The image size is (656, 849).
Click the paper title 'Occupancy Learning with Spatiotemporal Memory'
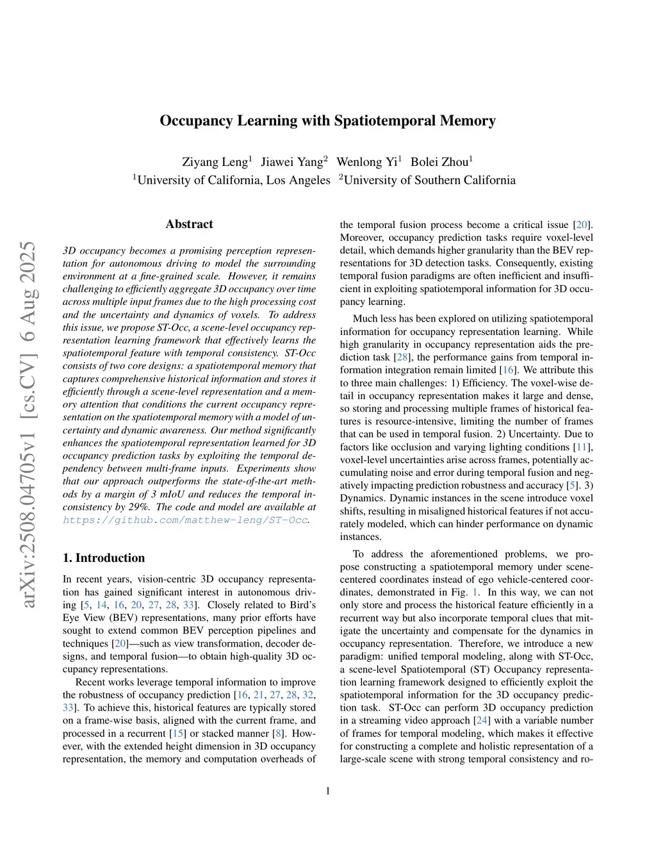[327, 120]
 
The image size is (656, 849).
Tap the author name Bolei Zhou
[439, 161]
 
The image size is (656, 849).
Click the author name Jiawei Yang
[292, 161]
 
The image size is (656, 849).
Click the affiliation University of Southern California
[429, 180]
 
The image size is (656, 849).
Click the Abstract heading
[189, 224]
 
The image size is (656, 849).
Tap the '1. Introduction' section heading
[104, 557]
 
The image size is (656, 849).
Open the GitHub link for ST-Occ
[185, 520]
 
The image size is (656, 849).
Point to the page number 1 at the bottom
[328, 791]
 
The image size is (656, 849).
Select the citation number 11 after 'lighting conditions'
[582, 447]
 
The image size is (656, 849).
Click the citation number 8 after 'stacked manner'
[278, 733]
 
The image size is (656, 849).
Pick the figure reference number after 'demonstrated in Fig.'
[475, 592]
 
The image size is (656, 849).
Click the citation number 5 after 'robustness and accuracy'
[571, 485]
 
